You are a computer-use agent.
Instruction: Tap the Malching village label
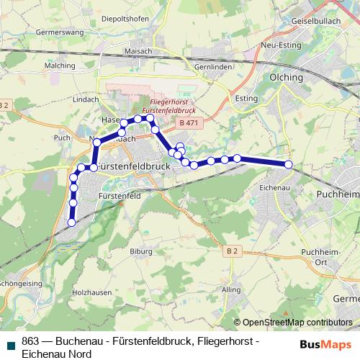click(60, 66)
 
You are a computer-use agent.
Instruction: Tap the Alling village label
click(232, 289)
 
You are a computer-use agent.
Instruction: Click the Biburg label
click(141, 252)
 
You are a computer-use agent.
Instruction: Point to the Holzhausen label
click(91, 293)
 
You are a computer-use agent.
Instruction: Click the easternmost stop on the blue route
click(289, 165)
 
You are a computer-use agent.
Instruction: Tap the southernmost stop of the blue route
click(71, 223)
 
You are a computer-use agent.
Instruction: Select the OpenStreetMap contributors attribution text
click(297, 323)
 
